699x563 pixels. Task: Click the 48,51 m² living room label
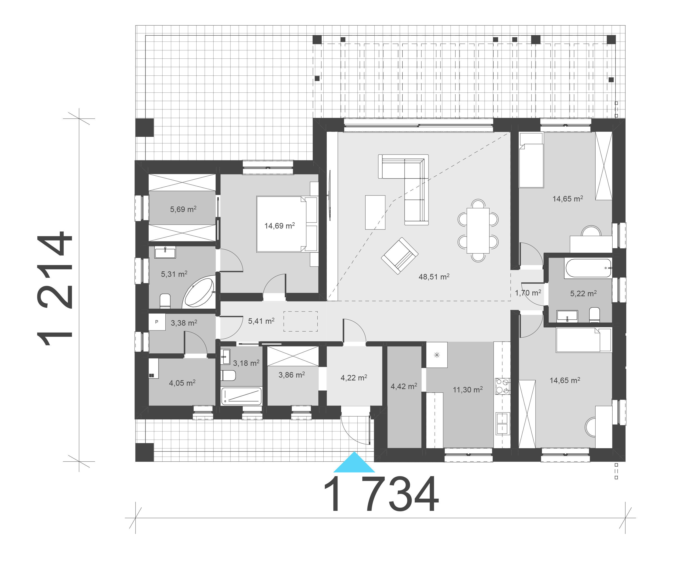pos(434,277)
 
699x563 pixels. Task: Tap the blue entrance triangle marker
pos(354,463)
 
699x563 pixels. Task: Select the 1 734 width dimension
pos(381,495)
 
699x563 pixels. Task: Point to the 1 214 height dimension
pos(55,288)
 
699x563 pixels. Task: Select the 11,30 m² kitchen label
pos(468,390)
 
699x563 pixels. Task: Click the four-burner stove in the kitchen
pos(502,386)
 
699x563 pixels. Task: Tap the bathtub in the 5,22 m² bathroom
pos(588,268)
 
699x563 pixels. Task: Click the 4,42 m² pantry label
pos(404,386)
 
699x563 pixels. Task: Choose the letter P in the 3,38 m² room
pos(157,322)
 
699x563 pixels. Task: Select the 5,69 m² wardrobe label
pos(183,209)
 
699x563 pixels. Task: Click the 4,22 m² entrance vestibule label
pos(354,378)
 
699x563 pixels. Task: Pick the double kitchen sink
pos(502,423)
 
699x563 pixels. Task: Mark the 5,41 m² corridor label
pos(261,321)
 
